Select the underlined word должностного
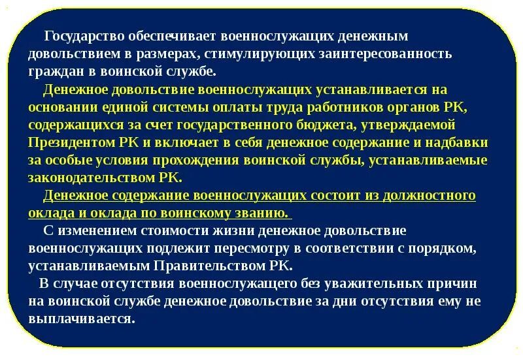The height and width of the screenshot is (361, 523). point(430,195)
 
